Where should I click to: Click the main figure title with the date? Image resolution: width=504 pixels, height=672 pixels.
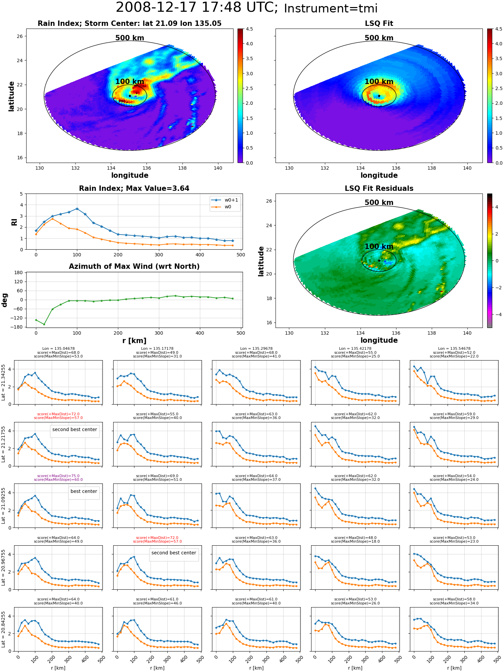click(247, 8)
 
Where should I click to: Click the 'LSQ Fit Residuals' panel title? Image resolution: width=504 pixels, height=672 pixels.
click(379, 188)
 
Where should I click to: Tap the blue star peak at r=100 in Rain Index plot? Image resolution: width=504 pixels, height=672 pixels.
click(77, 209)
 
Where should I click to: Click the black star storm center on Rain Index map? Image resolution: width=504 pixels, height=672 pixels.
click(130, 96)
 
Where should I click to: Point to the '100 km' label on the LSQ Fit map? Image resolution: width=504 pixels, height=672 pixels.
click(379, 82)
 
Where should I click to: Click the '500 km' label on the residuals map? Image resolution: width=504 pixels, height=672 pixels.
click(379, 203)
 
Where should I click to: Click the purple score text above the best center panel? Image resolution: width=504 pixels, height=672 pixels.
click(58, 478)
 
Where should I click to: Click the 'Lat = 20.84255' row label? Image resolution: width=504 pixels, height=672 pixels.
click(3, 629)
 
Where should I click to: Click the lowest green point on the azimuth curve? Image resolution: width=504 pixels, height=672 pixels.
click(44, 324)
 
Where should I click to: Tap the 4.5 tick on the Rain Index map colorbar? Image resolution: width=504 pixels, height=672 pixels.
click(249, 29)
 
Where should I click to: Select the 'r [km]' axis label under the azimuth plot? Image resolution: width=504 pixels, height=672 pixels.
click(134, 341)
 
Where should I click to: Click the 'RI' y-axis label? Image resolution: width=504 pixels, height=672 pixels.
click(14, 222)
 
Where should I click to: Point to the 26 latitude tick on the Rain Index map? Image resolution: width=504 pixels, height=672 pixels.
click(20, 36)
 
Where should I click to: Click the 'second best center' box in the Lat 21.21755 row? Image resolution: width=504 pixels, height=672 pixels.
click(75, 431)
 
